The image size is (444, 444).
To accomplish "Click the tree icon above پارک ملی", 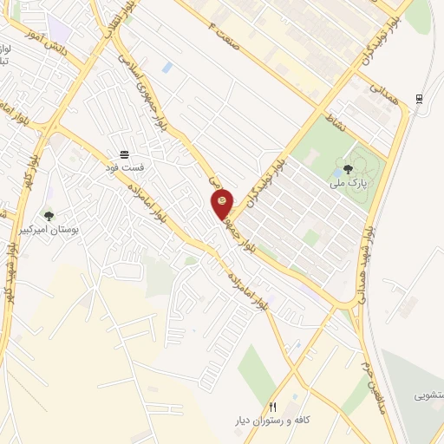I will [348, 169].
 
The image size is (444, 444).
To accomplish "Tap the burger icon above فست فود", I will [125, 151].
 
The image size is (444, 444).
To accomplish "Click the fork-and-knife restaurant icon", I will [274, 406].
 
